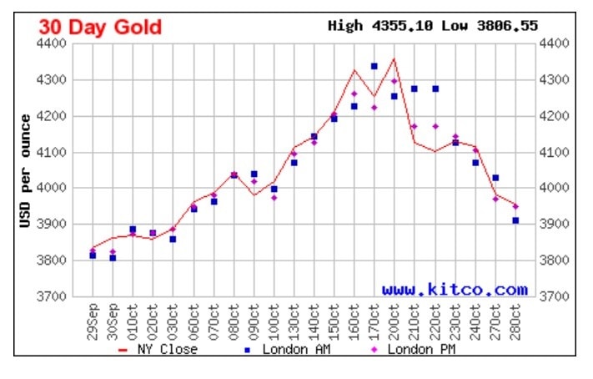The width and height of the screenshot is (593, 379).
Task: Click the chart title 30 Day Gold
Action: (100, 27)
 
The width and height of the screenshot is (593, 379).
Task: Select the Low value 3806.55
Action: (507, 26)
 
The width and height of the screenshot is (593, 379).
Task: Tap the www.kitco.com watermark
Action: (455, 290)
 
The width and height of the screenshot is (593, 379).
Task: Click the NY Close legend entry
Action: (158, 349)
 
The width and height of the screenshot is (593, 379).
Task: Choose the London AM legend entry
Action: (288, 349)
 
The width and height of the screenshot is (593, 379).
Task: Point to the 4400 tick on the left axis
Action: (63, 43)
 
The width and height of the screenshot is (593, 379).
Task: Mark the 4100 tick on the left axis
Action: (63, 152)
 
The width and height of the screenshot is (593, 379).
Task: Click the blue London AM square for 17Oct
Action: (374, 66)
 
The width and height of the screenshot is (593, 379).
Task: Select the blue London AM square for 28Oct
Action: (515, 220)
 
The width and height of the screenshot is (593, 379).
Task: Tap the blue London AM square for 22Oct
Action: (435, 88)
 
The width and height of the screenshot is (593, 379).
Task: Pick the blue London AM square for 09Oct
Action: (254, 174)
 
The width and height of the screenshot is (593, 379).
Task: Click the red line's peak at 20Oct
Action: (394, 58)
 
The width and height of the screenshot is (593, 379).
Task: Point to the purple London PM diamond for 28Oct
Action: (515, 206)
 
